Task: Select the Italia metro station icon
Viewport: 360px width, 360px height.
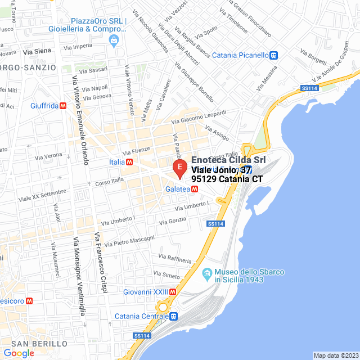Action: pos(130,162)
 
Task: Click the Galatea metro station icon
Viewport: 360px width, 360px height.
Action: pos(193,189)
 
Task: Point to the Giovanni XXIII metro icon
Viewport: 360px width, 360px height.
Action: pos(173,292)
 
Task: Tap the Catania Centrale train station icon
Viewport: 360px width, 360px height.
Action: pos(174,316)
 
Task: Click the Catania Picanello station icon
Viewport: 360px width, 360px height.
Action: pos(274,55)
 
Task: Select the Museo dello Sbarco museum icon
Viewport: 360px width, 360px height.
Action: pos(206,272)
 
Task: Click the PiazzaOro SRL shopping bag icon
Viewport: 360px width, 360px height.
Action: pos(114,40)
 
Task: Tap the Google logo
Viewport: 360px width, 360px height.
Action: pos(19,353)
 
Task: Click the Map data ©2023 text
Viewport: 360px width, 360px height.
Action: pos(335,355)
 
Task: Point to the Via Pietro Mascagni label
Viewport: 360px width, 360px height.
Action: pos(127,241)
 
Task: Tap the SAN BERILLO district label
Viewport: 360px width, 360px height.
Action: pos(39,343)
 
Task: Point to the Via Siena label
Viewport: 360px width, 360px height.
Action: pos(37,51)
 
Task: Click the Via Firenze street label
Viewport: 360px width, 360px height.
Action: pos(137,151)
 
